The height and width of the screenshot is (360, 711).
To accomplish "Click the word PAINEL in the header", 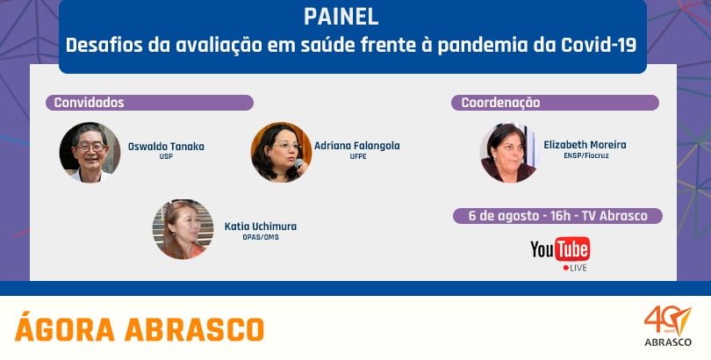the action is (x=341, y=17).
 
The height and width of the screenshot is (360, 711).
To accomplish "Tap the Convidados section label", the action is (x=89, y=103).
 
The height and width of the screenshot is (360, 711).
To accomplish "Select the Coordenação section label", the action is (x=500, y=103).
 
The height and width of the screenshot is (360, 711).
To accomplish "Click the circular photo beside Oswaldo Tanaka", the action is (x=90, y=153).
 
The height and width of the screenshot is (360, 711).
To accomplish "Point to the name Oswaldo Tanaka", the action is (x=166, y=147).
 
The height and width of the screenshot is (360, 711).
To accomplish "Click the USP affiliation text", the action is (x=166, y=157).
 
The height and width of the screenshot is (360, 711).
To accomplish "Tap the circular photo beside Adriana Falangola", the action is (x=281, y=153).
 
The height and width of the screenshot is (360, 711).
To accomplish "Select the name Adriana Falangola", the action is (x=357, y=146).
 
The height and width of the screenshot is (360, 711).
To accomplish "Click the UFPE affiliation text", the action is (x=358, y=157).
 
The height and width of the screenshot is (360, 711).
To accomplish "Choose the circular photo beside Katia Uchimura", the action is (x=183, y=229).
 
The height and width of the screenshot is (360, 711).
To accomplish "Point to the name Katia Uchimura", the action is (x=261, y=227).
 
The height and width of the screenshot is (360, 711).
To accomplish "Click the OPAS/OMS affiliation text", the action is (x=261, y=237).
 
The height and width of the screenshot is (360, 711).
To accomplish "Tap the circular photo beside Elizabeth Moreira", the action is (x=508, y=153).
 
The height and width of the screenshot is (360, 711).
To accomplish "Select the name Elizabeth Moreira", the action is (x=585, y=145).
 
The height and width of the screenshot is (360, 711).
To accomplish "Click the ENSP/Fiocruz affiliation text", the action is (x=585, y=155).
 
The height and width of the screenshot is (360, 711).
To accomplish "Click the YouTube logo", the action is (x=560, y=248).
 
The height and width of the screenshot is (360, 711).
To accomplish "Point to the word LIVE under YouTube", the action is (x=578, y=268).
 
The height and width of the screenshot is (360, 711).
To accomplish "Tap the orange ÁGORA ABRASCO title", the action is (x=140, y=328).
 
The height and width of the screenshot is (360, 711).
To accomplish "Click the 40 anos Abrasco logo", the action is (x=668, y=326).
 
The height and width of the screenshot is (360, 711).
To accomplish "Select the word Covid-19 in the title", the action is (x=599, y=46).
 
